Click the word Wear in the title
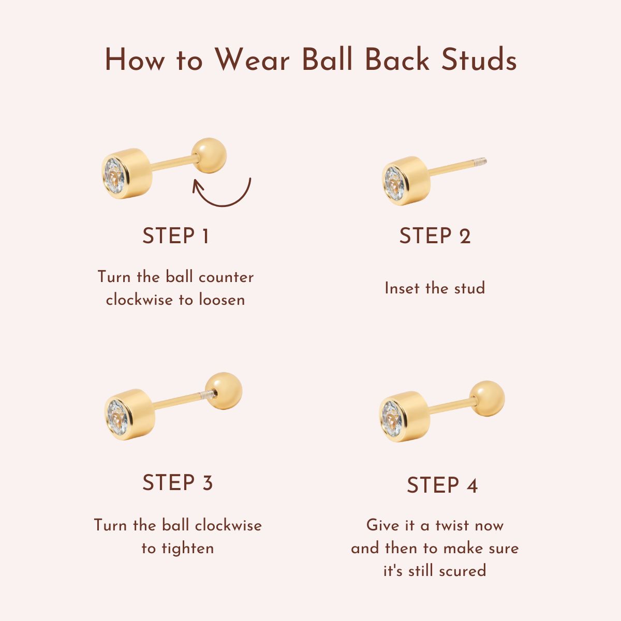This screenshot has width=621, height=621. [253, 60]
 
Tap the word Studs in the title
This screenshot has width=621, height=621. [479, 60]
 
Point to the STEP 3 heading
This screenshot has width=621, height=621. [178, 482]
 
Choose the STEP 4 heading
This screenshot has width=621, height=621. [442, 485]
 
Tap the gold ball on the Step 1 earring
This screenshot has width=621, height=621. [209, 156]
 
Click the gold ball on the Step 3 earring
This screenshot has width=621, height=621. [224, 391]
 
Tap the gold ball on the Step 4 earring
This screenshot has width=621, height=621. [487, 398]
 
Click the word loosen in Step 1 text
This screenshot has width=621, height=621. [222, 300]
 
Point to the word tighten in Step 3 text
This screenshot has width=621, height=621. [188, 548]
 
